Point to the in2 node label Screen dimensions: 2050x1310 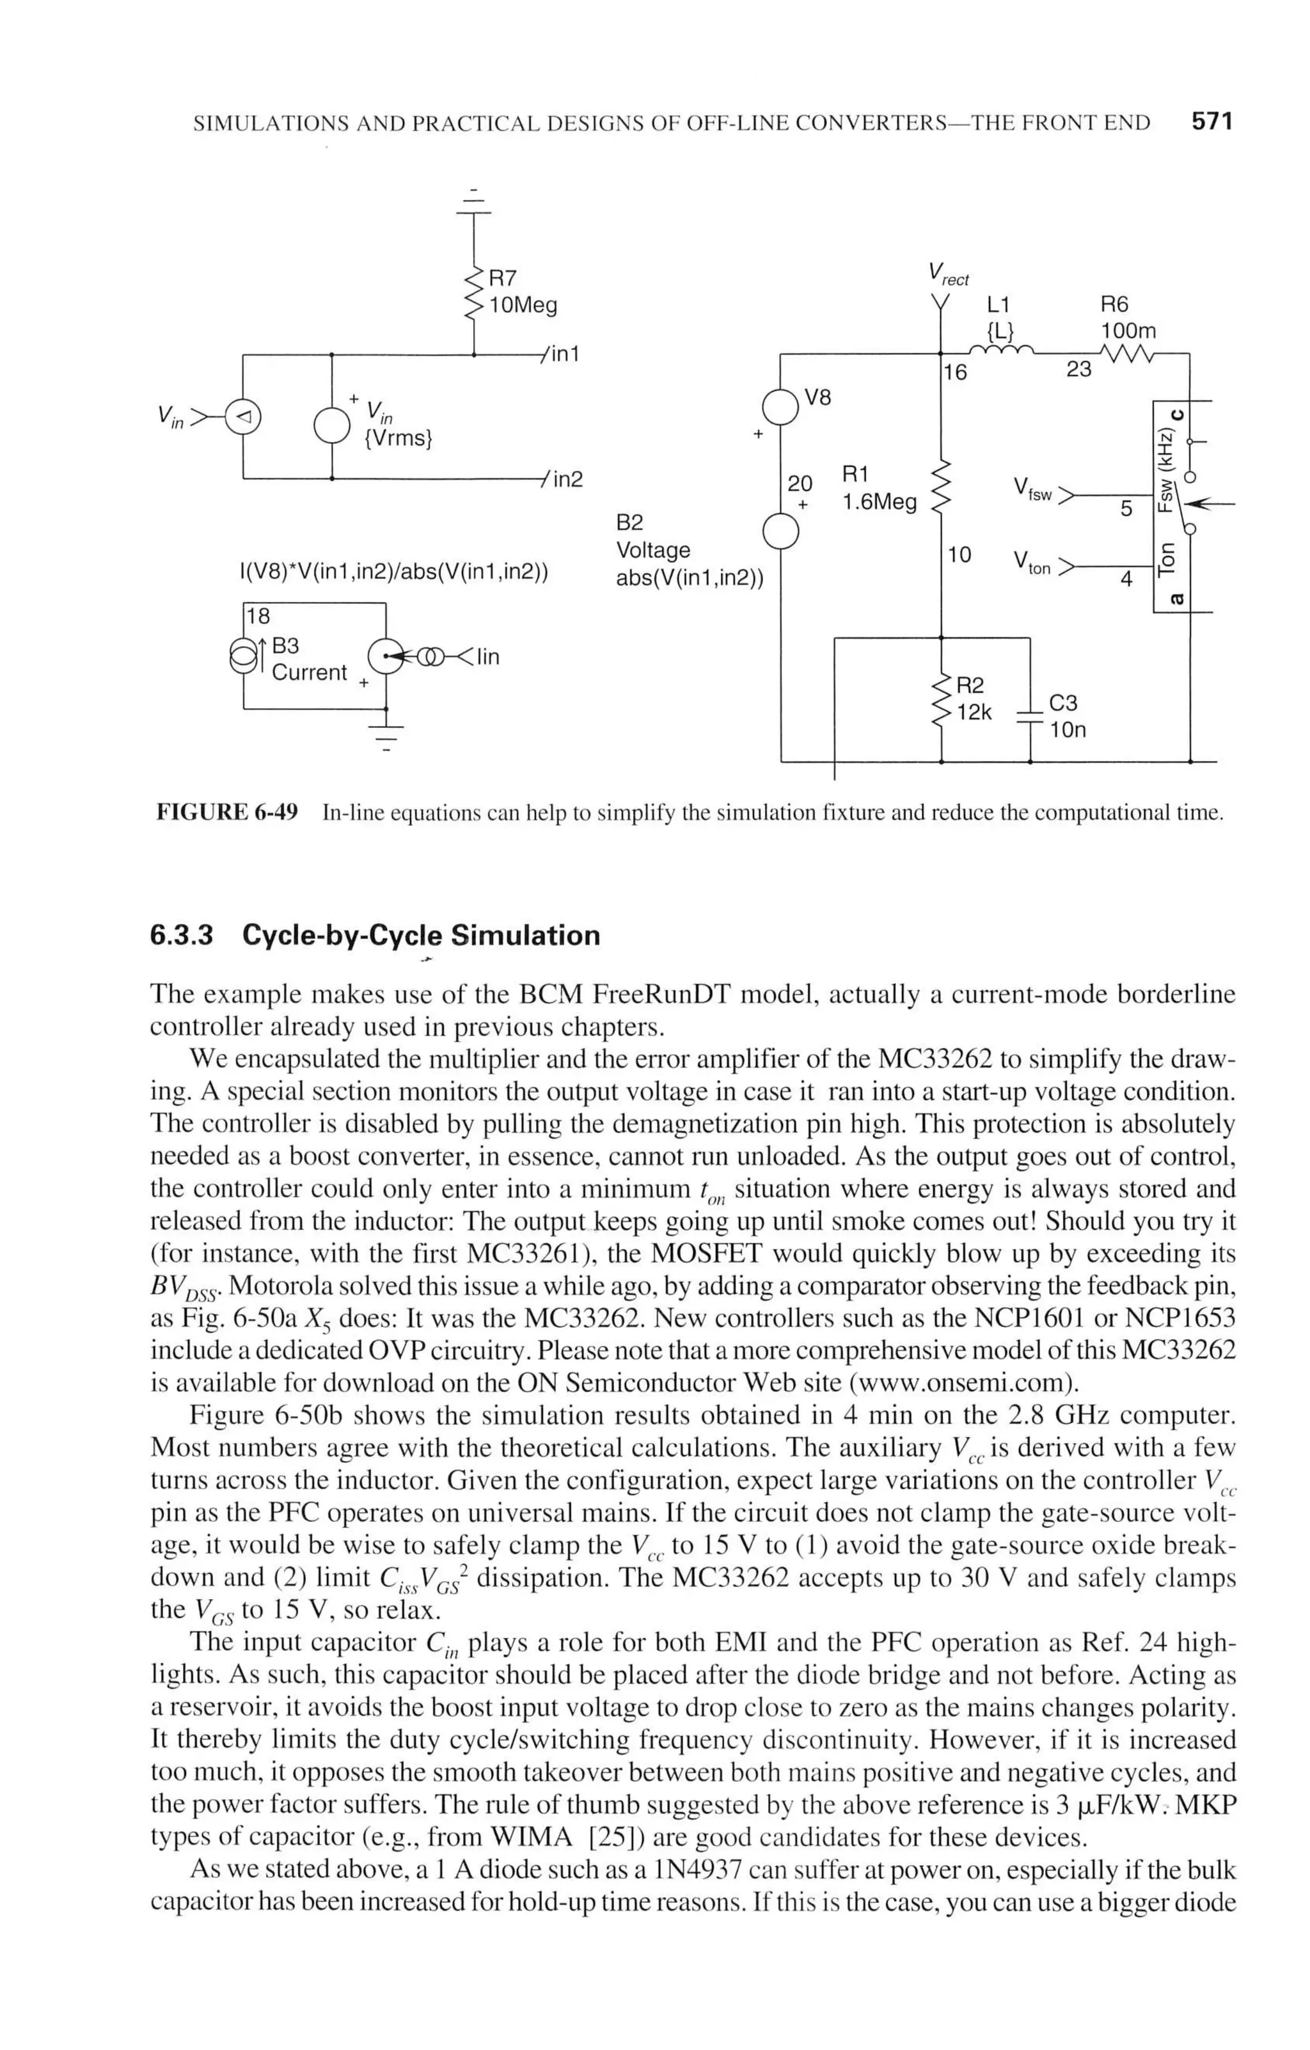pyautogui.click(x=567, y=479)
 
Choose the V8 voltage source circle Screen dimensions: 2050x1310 pyautogui.click(x=780, y=406)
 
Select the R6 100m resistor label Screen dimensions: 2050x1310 pyautogui.click(x=1127, y=317)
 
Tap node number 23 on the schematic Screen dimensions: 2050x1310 pyautogui.click(x=1078, y=370)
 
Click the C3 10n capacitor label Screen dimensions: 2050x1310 pyautogui.click(x=1066, y=716)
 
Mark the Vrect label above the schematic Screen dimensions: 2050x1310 pyautogui.click(x=948, y=274)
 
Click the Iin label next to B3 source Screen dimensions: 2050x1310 pyautogui.click(x=487, y=656)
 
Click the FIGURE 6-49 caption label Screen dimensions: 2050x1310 pyautogui.click(x=226, y=812)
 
